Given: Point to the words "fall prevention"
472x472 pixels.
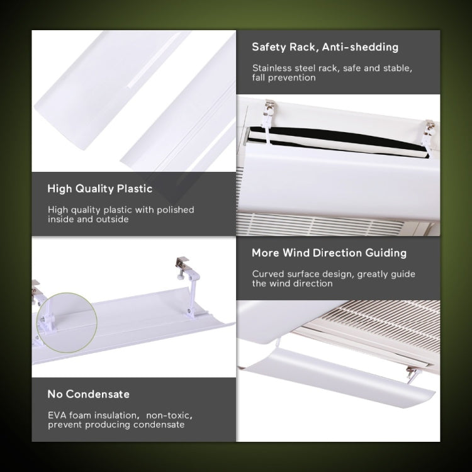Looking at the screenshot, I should click(x=284, y=77).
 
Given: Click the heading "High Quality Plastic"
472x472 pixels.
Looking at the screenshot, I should click(x=100, y=189).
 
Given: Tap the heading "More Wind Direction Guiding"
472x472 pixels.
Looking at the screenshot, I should click(x=329, y=253).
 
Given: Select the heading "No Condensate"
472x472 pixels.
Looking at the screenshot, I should click(x=89, y=394).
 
